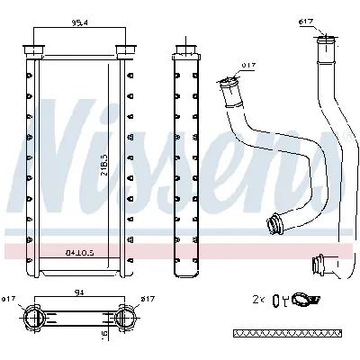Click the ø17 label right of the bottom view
[x=149, y=299]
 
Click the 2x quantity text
[x=259, y=298]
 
